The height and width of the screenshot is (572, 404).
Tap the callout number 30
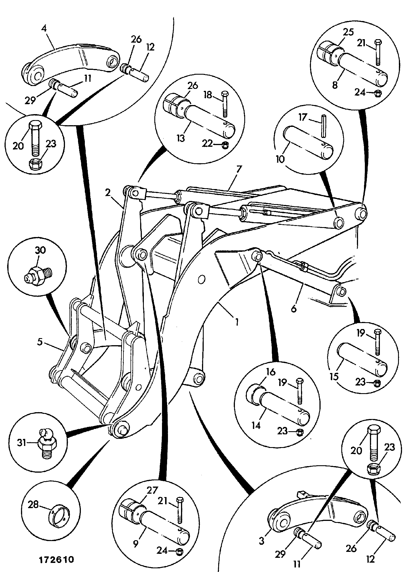(41, 250)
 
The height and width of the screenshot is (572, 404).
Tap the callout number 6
(293, 309)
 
